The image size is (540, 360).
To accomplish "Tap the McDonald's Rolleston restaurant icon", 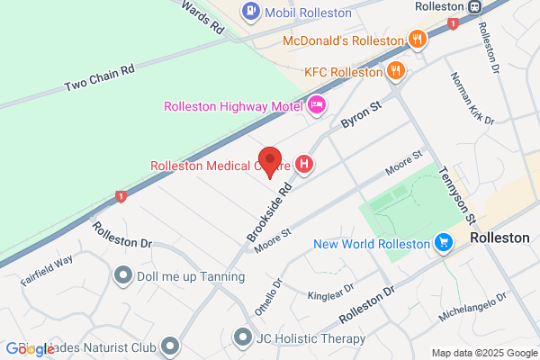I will point(416,39).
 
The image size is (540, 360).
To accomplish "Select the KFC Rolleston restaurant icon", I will point(395,71).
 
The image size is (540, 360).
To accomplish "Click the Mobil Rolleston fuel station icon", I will point(250,12).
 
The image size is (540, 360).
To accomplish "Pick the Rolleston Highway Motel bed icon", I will point(316,106).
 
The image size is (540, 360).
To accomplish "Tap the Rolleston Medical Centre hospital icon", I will point(305,165).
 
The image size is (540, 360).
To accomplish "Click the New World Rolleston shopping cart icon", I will point(443,243).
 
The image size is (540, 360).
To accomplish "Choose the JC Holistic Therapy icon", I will point(241,338).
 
